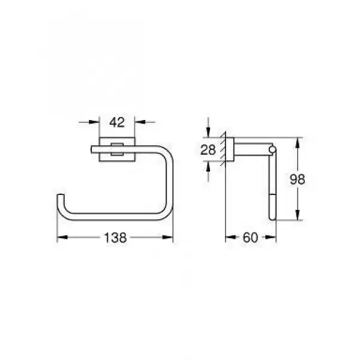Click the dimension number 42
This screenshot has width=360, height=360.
[117, 122]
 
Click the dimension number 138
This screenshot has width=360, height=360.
[115, 238]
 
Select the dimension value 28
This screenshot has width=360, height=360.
[208, 150]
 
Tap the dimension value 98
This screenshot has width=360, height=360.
[298, 179]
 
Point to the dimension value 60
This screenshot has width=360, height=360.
[250, 238]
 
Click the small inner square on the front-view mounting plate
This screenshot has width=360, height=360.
[117, 149]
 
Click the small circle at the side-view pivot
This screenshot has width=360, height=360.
[272, 149]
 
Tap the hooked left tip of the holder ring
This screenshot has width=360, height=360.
[61, 196]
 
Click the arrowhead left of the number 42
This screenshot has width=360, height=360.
[94, 122]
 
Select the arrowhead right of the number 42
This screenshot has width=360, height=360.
[140, 122]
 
